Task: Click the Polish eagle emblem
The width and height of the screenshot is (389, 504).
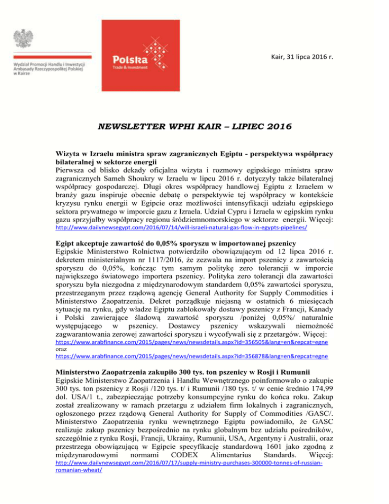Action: coord(24,41)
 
